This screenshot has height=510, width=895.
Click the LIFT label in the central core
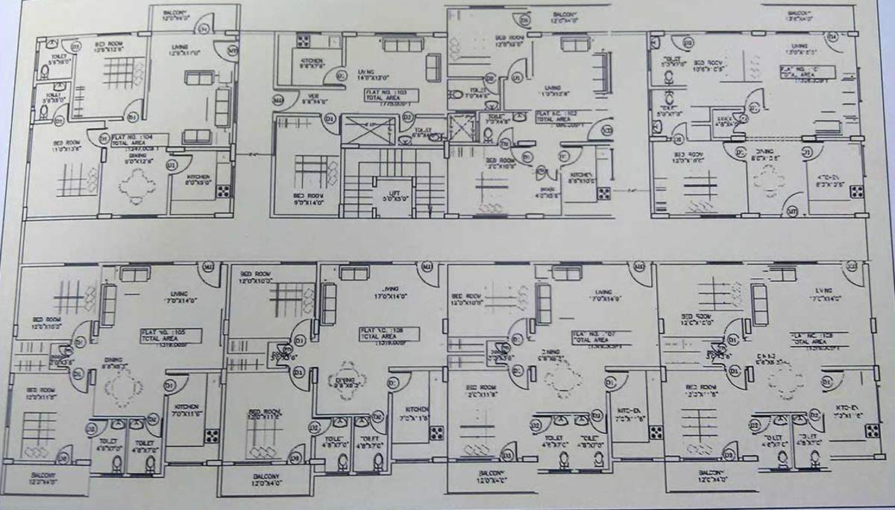pyautogui.click(x=393, y=196)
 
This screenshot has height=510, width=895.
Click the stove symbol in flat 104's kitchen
pyautogui.click(x=222, y=190)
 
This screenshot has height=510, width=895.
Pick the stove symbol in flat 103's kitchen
pyautogui.click(x=303, y=41)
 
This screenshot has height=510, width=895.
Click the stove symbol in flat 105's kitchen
pyautogui.click(x=211, y=435)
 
